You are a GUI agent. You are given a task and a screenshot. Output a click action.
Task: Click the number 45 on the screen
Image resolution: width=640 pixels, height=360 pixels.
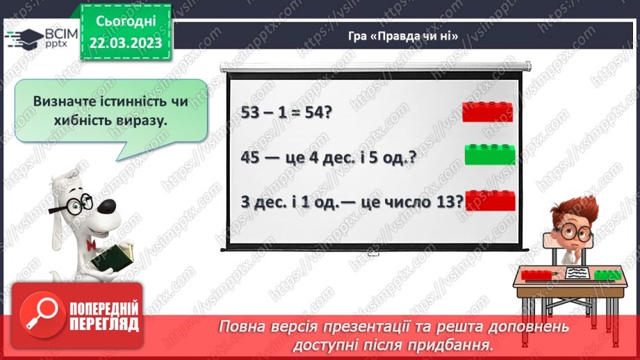[x=254, y=156]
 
